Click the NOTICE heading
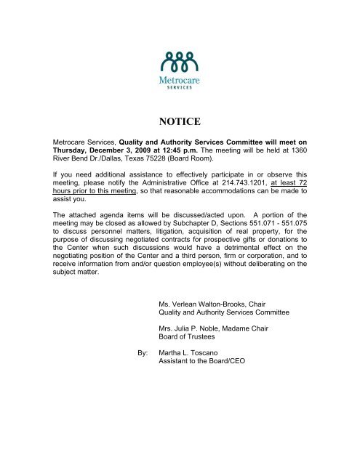coord(180,113)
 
